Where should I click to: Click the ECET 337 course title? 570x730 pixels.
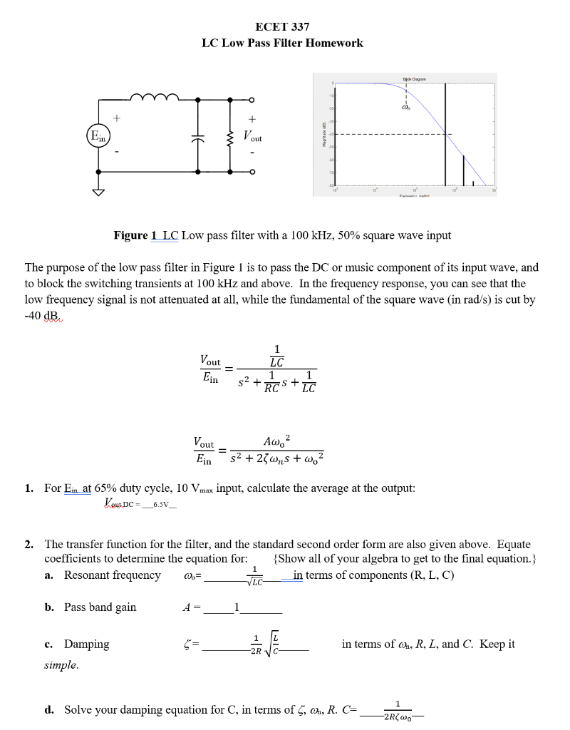click(282, 27)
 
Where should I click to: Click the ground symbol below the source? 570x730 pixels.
click(97, 191)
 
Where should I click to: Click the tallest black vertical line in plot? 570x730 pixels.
click(446, 132)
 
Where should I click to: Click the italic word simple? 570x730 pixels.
click(61, 665)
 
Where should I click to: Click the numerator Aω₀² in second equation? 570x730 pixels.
click(276, 439)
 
